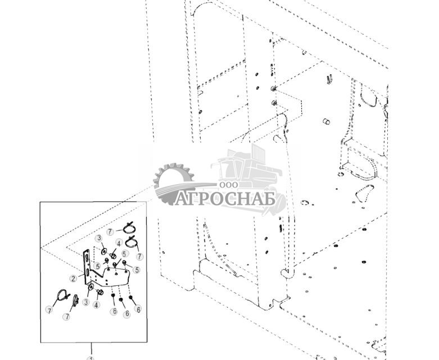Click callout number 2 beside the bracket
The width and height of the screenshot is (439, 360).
[x=74, y=279]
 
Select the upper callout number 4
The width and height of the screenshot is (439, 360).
[x=119, y=243]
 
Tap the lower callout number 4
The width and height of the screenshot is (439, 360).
[x=97, y=306]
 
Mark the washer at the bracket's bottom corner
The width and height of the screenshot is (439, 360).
[x=90, y=290]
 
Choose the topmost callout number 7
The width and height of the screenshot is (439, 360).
[x=111, y=231]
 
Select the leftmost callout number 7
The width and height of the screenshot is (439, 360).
[x=49, y=310]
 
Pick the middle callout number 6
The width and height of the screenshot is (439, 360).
[x=126, y=313]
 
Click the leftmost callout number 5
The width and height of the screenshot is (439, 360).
[x=98, y=266]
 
